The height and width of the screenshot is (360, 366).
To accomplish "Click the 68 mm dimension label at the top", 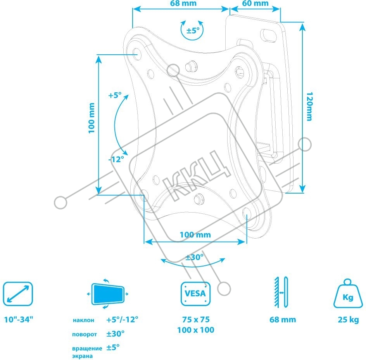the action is click(x=183, y=3).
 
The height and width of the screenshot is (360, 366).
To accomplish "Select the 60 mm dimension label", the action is click(x=256, y=3).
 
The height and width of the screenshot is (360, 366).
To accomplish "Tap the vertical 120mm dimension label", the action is click(x=309, y=107).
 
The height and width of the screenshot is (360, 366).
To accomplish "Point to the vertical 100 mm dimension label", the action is click(x=92, y=118).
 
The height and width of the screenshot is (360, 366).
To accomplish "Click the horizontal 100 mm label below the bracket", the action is click(x=195, y=235).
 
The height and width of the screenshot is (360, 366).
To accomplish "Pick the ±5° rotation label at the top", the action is click(x=193, y=30).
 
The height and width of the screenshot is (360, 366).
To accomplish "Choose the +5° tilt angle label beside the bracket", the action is click(x=115, y=95).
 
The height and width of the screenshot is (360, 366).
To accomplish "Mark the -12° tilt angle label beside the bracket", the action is click(x=116, y=159).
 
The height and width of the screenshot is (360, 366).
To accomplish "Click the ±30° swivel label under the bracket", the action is click(x=195, y=257).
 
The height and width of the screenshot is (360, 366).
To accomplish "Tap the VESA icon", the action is click(x=196, y=294).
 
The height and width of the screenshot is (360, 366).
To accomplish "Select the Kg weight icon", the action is click(x=348, y=293).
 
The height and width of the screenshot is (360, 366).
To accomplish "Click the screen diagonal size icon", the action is click(x=18, y=294).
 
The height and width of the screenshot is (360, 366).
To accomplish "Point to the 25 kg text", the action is click(x=348, y=320).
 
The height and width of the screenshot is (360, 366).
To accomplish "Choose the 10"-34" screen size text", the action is click(x=19, y=319).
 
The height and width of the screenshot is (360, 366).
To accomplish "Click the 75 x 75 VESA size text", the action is click(x=196, y=319).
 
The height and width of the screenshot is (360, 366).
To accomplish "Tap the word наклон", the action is click(x=84, y=320).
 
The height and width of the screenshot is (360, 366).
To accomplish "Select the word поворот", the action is click(x=85, y=334).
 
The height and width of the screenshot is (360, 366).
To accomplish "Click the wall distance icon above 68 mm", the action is click(x=281, y=292).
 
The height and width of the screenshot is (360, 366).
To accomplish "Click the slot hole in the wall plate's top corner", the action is click(x=268, y=35).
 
